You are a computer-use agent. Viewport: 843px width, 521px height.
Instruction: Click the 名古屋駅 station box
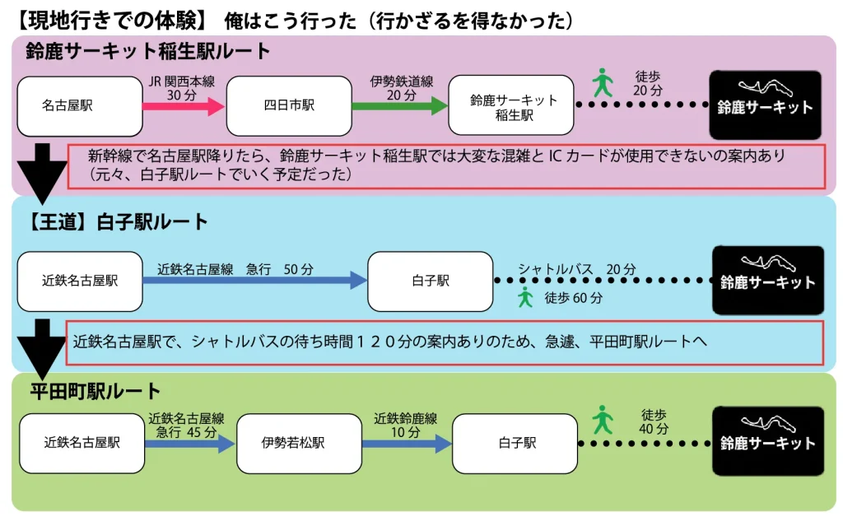(80, 106)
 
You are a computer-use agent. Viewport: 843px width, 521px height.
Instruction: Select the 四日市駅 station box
(288, 106)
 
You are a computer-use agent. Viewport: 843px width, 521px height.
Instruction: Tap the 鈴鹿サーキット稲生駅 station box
(511, 106)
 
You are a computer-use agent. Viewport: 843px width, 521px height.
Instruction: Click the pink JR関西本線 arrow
(184, 106)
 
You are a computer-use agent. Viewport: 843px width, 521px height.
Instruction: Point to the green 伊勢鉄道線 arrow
(399, 106)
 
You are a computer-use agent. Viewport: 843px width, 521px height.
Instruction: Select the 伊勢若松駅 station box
(299, 444)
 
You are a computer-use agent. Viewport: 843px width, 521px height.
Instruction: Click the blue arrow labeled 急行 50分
(254, 281)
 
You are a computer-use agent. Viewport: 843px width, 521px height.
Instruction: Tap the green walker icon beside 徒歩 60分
(525, 297)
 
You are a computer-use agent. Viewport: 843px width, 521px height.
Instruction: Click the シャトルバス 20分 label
(576, 269)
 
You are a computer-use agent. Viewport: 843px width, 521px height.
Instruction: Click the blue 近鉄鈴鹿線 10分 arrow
(406, 444)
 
